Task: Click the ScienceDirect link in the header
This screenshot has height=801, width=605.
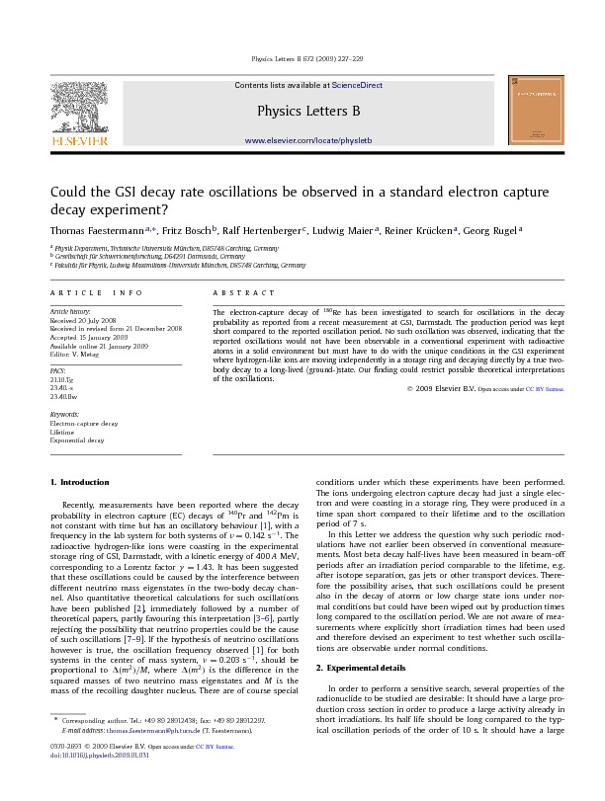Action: tap(357, 86)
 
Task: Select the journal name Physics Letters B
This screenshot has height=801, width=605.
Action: tap(306, 112)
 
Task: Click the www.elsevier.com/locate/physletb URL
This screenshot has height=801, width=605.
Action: tap(307, 141)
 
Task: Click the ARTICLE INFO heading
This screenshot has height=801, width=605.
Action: tap(89, 293)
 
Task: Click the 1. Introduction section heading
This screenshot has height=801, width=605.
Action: tap(79, 481)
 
